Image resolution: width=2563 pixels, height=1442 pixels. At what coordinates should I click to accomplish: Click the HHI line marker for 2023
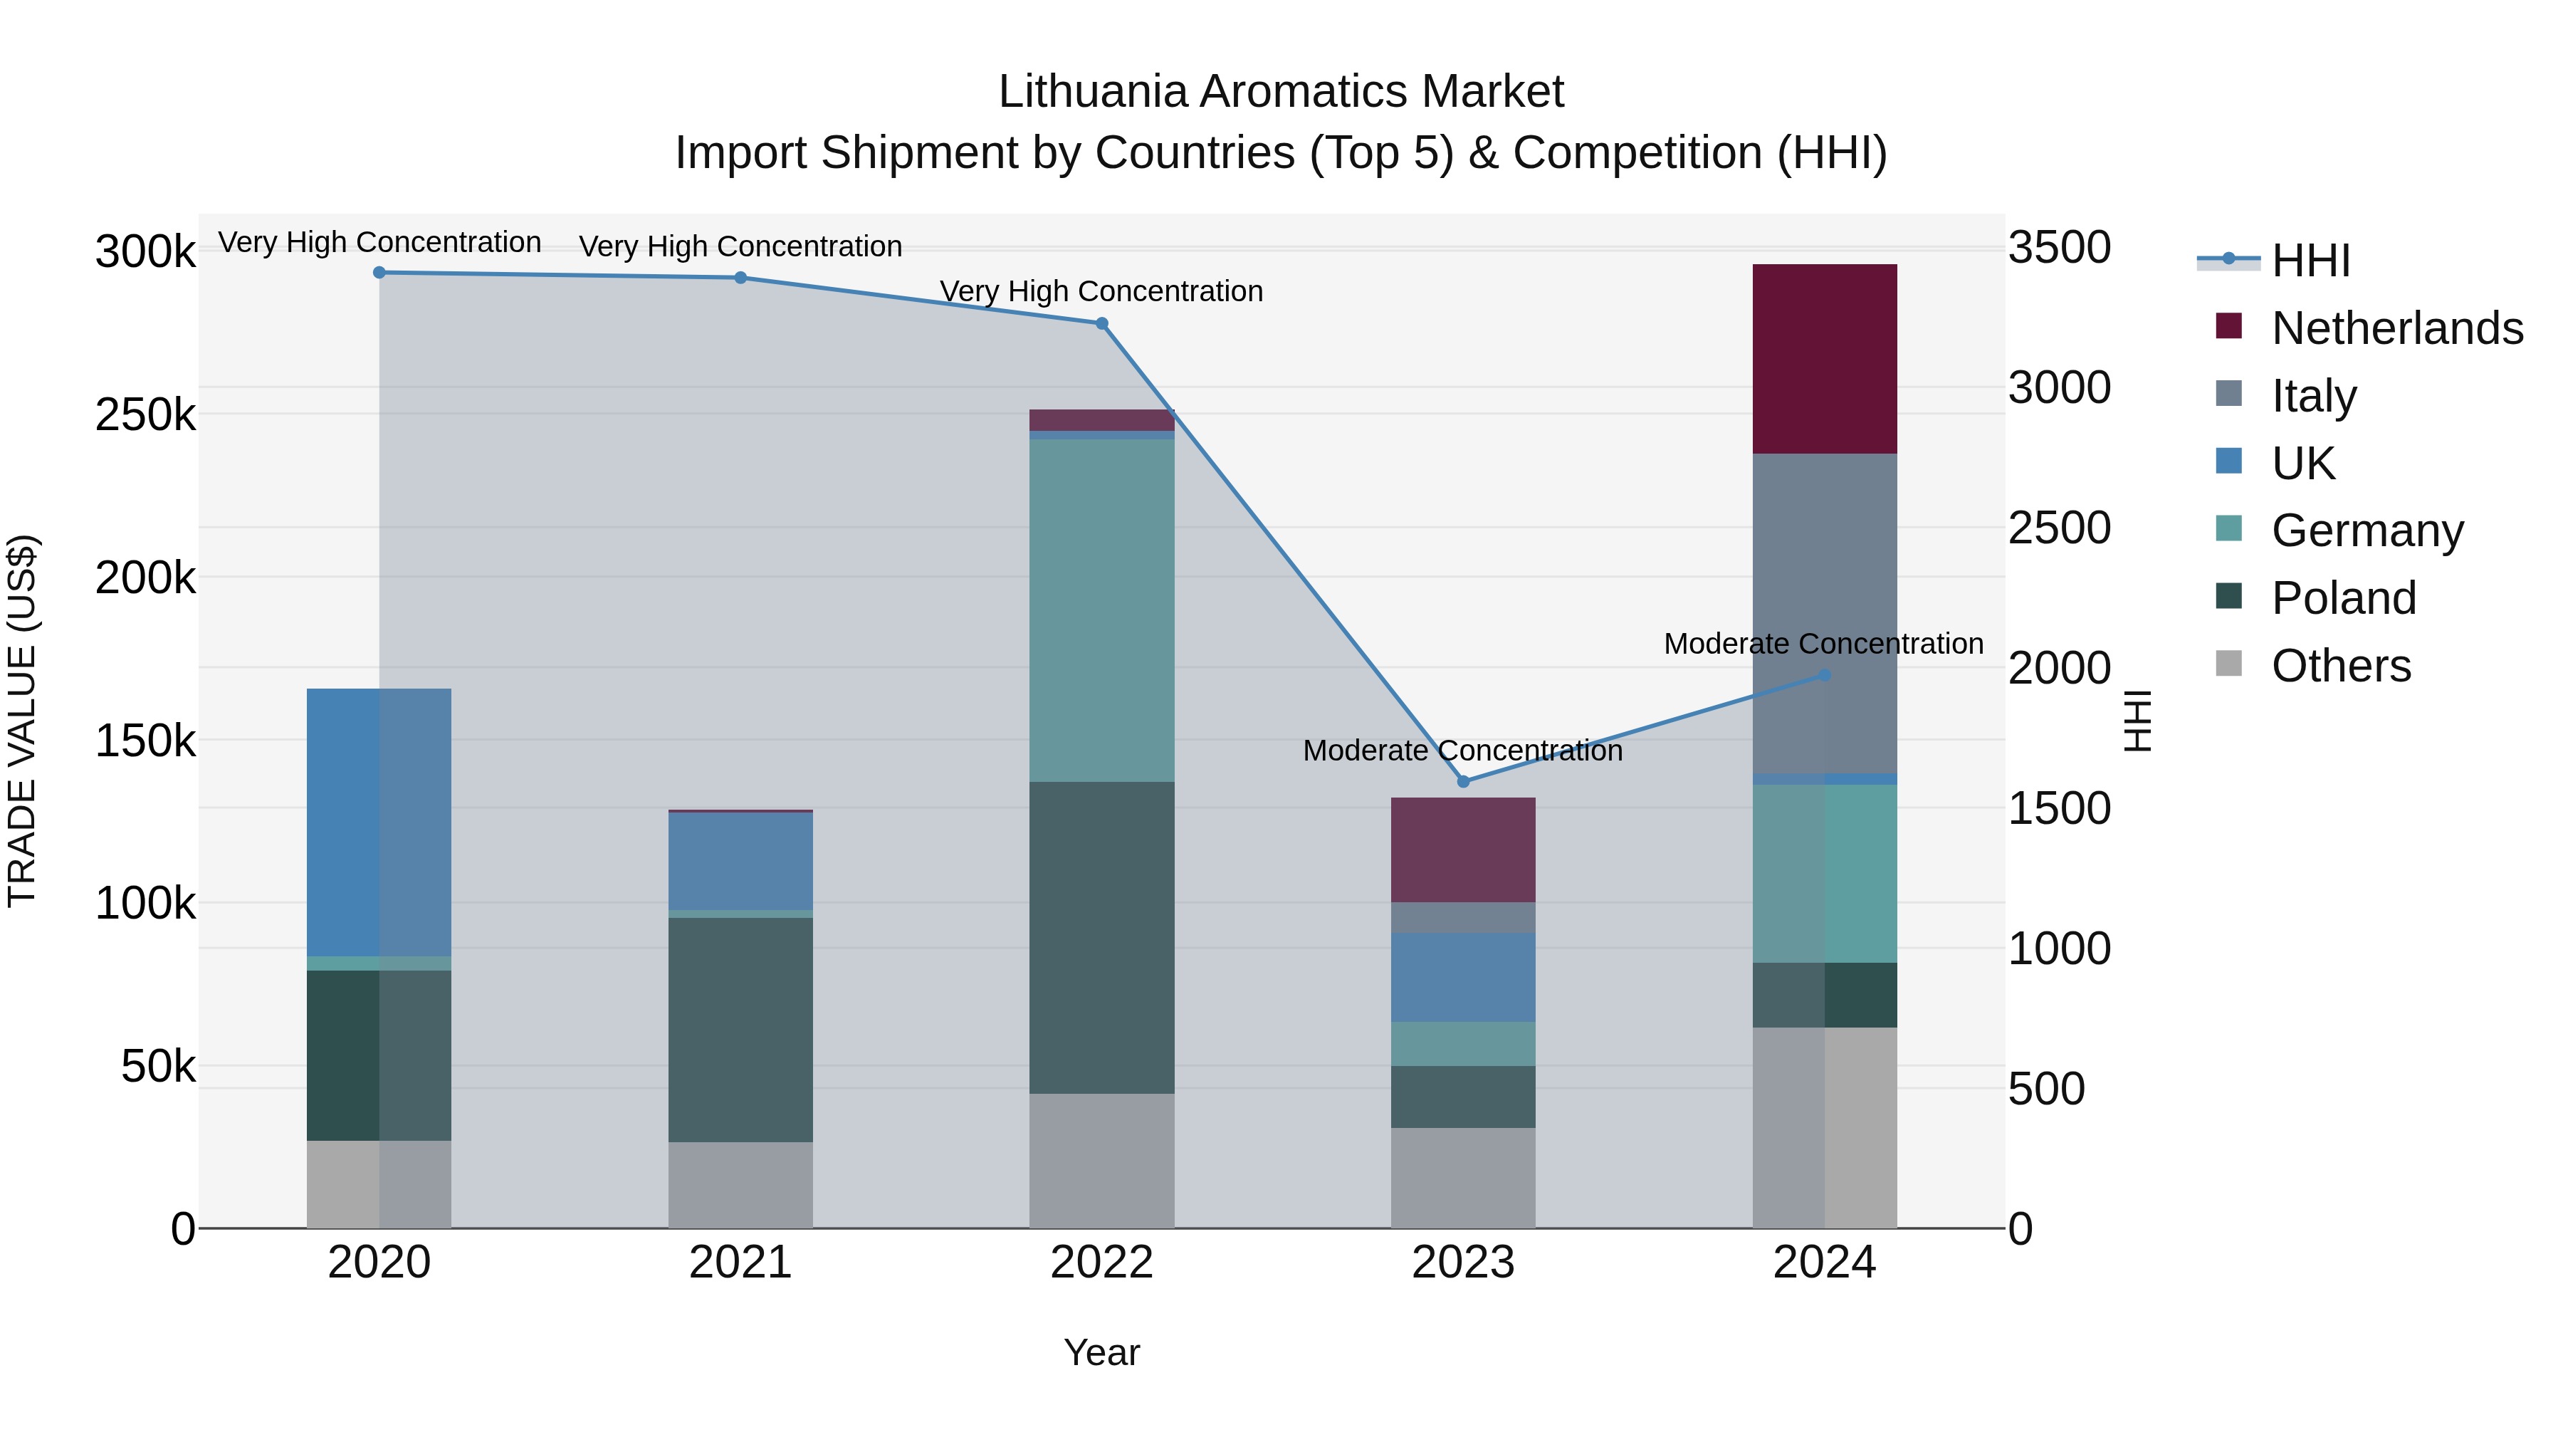click(x=1462, y=781)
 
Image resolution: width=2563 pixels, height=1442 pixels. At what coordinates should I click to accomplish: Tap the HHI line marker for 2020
click(x=379, y=273)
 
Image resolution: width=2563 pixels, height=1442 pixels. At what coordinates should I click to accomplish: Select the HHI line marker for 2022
click(x=1101, y=323)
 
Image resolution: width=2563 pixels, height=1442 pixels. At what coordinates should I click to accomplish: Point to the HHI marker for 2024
click(x=1824, y=675)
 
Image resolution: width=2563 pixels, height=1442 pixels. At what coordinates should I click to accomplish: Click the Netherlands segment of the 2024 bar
click(x=1824, y=358)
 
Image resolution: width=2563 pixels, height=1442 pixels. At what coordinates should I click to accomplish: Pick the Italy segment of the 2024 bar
click(x=1824, y=612)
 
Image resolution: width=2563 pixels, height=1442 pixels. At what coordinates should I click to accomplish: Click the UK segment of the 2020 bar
click(x=379, y=822)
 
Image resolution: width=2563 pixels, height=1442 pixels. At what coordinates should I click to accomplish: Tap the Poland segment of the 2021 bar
click(x=740, y=1029)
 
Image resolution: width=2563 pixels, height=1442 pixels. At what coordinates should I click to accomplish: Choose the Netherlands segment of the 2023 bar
click(x=1462, y=850)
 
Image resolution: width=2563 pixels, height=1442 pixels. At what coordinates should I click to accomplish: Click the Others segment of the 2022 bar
click(x=1101, y=1161)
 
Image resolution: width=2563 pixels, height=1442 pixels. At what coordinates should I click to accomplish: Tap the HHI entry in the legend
click(x=2310, y=261)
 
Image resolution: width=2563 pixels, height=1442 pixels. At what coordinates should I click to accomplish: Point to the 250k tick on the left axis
click(x=145, y=414)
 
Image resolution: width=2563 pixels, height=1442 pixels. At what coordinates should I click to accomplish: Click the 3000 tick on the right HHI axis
click(x=2058, y=387)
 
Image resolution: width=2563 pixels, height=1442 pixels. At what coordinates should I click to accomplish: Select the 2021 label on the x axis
click(x=740, y=1263)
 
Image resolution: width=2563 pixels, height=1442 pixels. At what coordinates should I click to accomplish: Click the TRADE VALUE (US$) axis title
click(x=23, y=721)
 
